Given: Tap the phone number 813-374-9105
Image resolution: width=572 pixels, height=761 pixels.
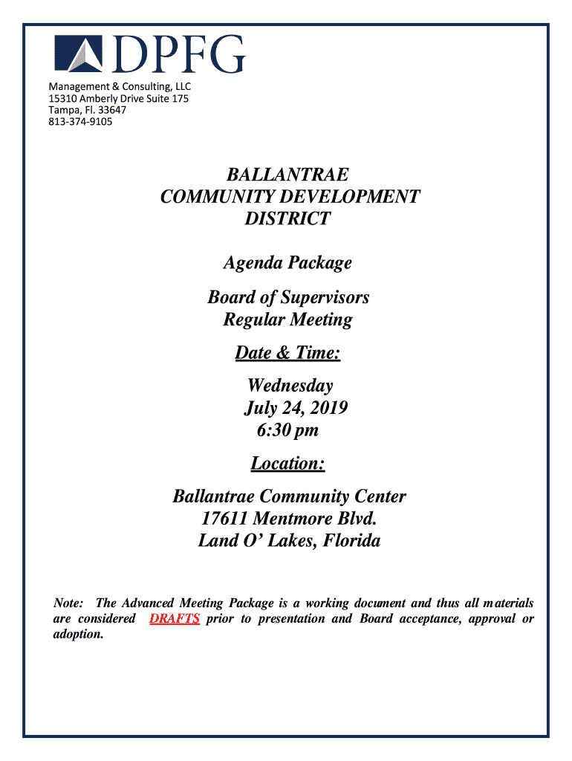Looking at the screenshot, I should tap(81, 121).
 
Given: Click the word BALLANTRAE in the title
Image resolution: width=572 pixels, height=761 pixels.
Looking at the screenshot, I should tap(287, 175).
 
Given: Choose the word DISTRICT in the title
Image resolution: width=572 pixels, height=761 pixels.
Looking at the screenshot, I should tap(287, 218).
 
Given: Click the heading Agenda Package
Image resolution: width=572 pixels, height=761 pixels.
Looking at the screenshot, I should tap(287, 262).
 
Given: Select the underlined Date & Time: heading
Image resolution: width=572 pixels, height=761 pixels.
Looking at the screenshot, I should tap(287, 353).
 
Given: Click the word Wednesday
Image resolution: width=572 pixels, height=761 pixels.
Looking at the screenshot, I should tap(290, 386).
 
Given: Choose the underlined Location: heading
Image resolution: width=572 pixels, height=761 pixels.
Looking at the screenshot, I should tap(287, 464).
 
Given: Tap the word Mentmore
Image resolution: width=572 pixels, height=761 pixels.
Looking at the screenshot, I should tap(291, 518).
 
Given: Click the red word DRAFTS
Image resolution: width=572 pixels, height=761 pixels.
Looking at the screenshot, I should tap(175, 619).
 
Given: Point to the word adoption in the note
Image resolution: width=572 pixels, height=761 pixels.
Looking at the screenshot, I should tap(77, 635).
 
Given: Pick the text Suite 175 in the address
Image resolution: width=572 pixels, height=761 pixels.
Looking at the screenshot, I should tap(169, 99).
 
